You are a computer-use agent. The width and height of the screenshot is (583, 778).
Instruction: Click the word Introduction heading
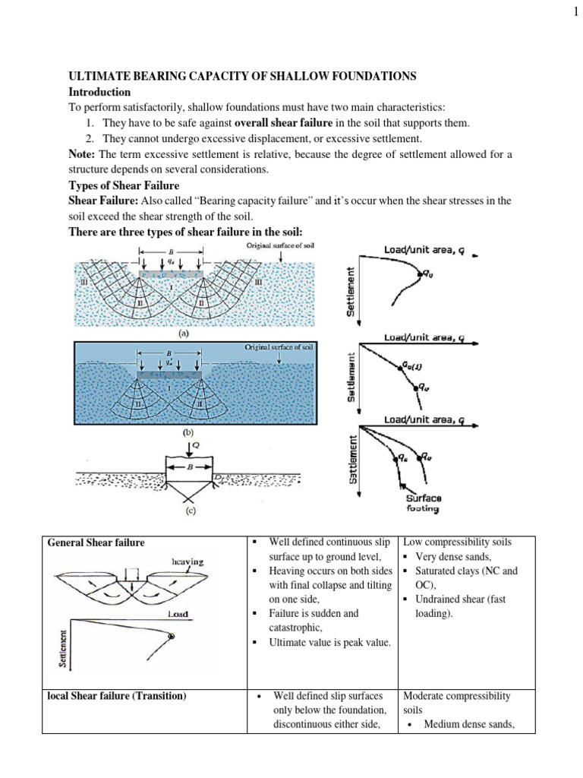(97, 91)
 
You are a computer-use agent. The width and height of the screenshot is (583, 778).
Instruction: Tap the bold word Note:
(81, 154)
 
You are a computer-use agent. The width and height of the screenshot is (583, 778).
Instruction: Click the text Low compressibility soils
(457, 542)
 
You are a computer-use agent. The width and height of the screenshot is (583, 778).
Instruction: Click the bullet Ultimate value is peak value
(330, 643)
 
